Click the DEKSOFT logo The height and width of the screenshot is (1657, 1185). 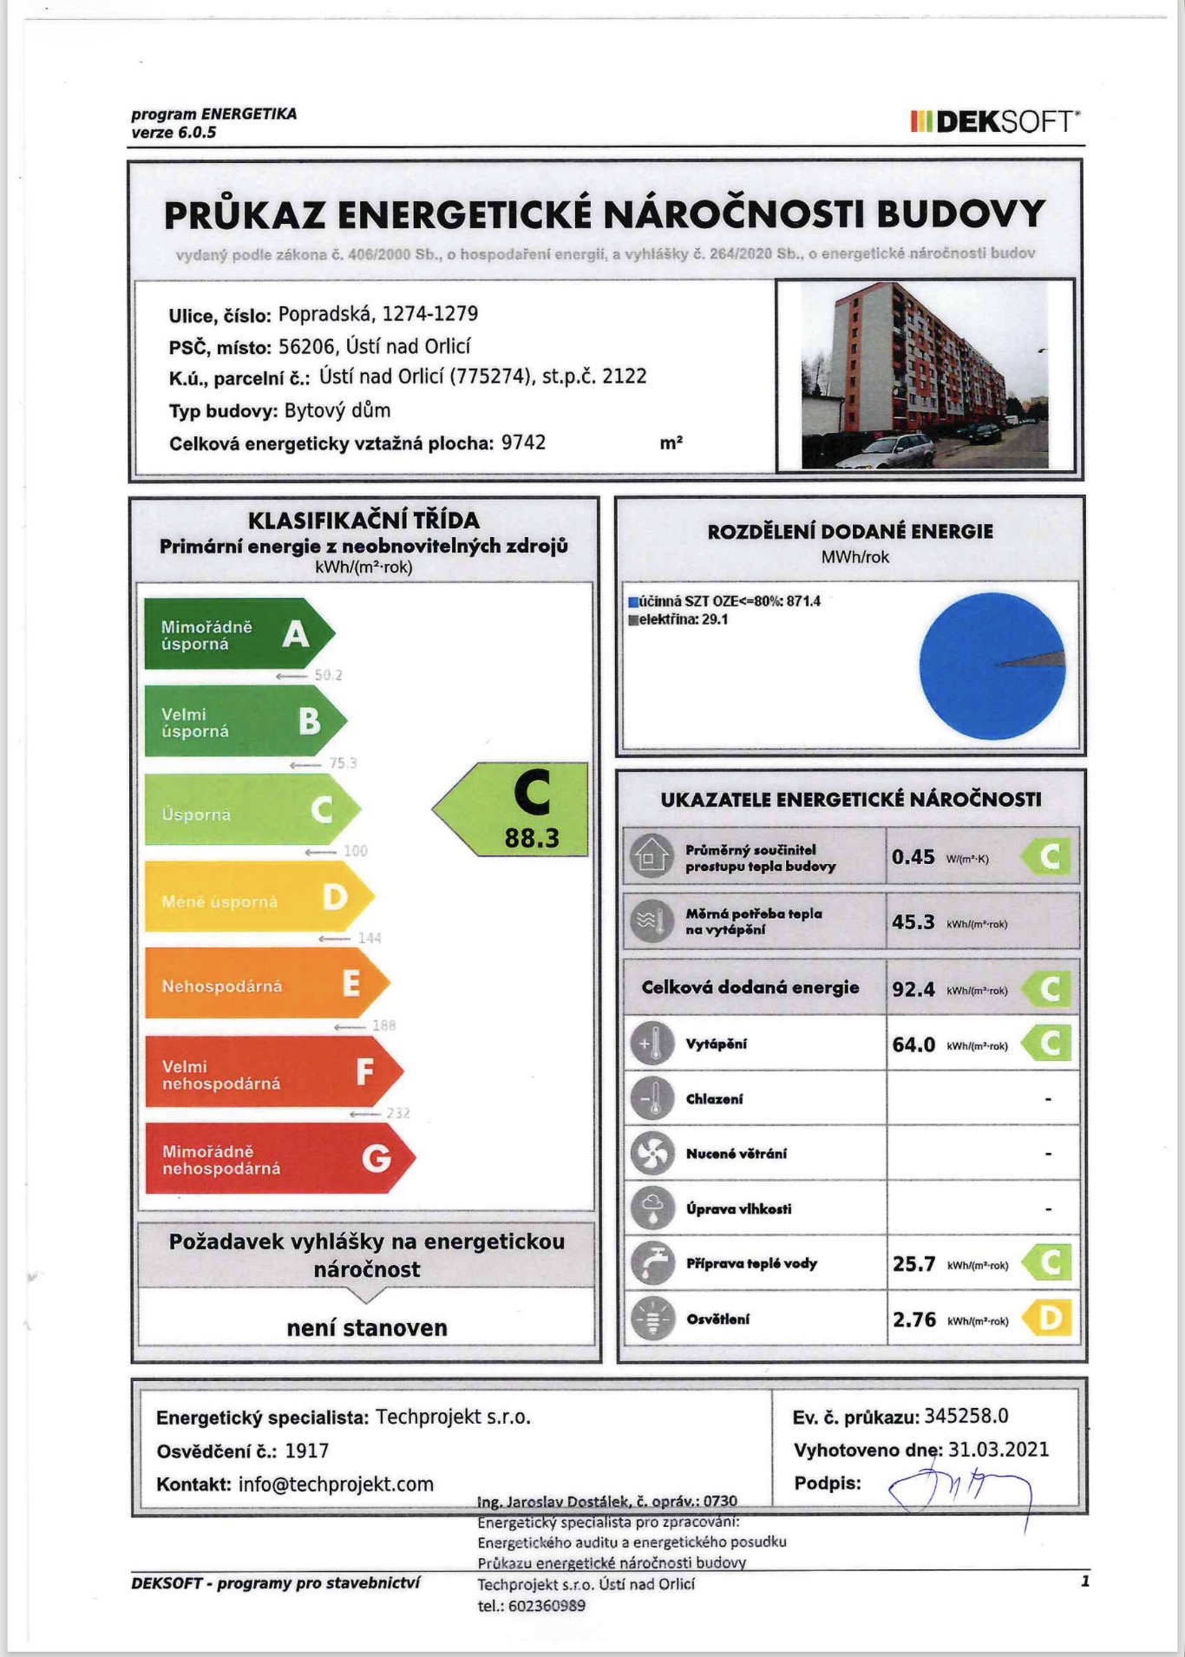995,121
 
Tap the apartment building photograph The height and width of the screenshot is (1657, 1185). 925,375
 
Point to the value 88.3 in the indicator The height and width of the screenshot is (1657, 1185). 532,838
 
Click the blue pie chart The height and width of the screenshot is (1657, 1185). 992,665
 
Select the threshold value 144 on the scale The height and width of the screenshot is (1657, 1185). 370,938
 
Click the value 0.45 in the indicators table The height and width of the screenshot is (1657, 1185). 913,857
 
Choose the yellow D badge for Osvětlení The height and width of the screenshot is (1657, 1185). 1048,1319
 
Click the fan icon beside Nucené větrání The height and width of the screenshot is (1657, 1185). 652,1153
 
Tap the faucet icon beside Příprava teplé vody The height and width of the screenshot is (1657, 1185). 652,1263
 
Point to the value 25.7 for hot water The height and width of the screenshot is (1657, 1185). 913,1264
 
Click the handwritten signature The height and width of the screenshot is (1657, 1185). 959,1490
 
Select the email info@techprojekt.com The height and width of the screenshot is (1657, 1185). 336,1484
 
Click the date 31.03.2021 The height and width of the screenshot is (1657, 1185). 998,1450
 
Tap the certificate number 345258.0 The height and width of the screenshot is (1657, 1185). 966,1416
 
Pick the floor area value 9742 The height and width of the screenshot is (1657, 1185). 523,442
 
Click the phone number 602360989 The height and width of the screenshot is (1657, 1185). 547,1606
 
